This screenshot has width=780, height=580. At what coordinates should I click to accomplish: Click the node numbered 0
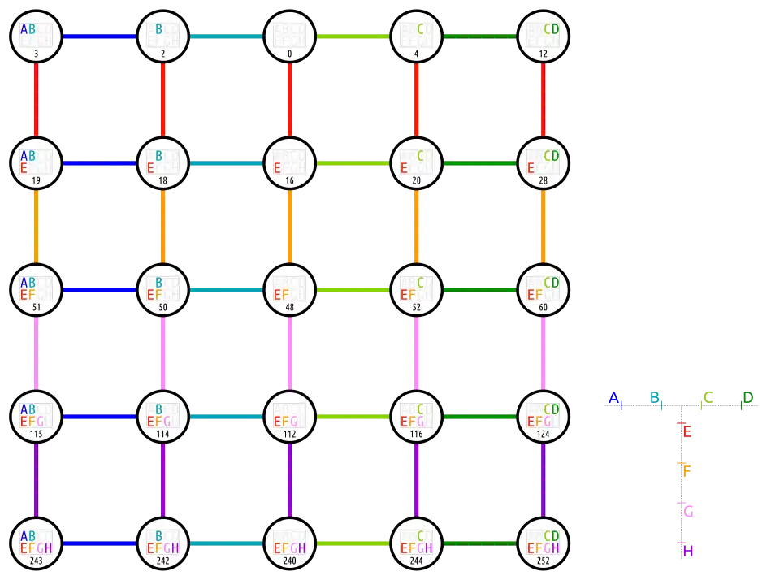[290, 37]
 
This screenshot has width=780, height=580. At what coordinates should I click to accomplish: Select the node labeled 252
[544, 543]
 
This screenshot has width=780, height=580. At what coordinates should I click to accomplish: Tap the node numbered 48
[290, 290]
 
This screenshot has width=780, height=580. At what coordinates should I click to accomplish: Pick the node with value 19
[37, 163]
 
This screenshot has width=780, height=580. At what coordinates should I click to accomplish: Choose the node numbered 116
[417, 417]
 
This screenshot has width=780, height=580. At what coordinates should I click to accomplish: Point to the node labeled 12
[544, 37]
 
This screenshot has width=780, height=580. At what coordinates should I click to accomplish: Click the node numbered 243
[37, 543]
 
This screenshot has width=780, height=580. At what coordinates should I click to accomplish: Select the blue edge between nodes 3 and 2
[100, 37]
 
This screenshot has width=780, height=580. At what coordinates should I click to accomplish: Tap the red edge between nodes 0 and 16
[290, 100]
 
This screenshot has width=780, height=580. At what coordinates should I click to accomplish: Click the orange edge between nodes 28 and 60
[544, 227]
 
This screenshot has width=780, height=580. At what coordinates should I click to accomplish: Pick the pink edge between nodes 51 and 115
[37, 353]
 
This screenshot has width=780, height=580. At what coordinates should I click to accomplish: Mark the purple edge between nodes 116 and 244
[417, 480]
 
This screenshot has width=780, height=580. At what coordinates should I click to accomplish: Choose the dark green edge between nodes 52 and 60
[480, 290]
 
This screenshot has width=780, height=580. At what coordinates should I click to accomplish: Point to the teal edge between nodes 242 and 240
[227, 543]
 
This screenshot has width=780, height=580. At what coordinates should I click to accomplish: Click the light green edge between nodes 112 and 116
[353, 417]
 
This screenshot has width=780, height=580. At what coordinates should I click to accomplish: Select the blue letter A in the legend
[615, 396]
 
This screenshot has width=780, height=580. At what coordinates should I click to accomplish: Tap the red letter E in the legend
[687, 431]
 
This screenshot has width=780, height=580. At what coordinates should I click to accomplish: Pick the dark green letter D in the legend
[747, 396]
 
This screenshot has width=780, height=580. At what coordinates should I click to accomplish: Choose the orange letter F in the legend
[687, 470]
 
